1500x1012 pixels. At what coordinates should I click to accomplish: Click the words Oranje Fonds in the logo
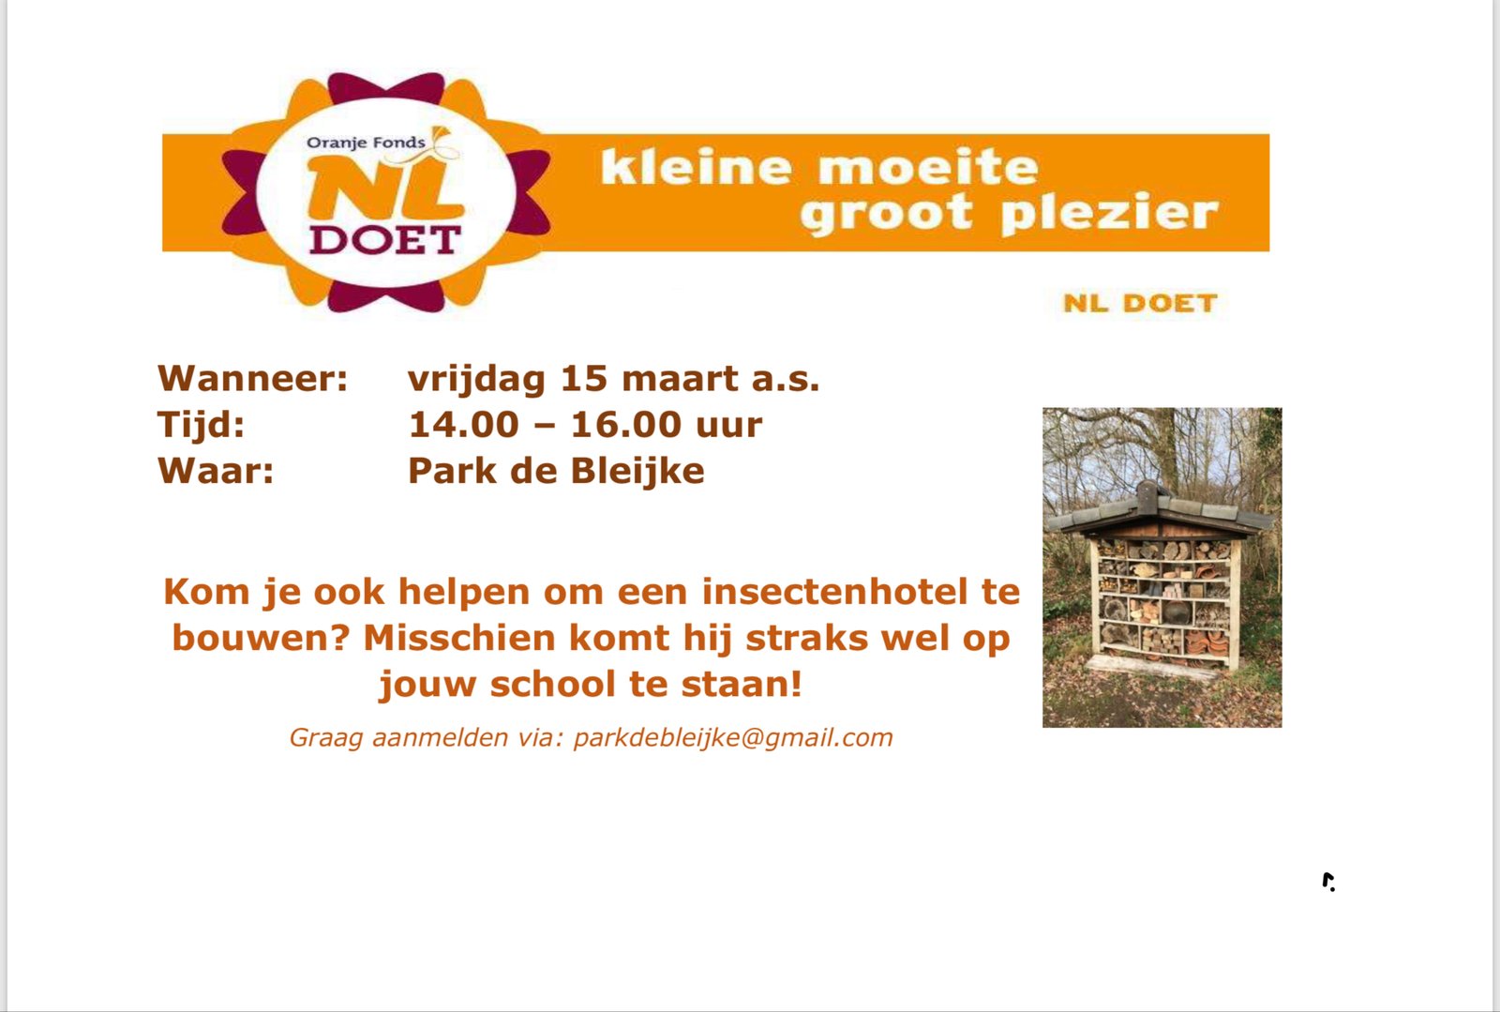[x=366, y=143]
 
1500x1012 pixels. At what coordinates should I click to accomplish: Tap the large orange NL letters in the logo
[x=385, y=189]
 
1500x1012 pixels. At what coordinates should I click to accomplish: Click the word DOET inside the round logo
[x=385, y=240]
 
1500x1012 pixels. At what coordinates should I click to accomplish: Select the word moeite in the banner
[x=928, y=167]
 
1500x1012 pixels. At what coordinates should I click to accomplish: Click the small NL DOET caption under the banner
[x=1140, y=303]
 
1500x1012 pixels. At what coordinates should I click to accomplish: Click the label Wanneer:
[x=252, y=378]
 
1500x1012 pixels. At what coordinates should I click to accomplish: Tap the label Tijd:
[x=201, y=425]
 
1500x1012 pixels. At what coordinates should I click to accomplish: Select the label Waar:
[x=216, y=470]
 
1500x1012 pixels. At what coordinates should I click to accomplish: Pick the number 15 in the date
[x=582, y=378]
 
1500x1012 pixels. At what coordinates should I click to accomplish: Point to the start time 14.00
[x=463, y=425]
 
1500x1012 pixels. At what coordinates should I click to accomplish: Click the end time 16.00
[x=625, y=425]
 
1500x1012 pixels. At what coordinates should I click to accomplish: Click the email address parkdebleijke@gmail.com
[x=733, y=737]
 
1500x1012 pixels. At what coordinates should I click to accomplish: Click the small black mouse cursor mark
[x=1328, y=882]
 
